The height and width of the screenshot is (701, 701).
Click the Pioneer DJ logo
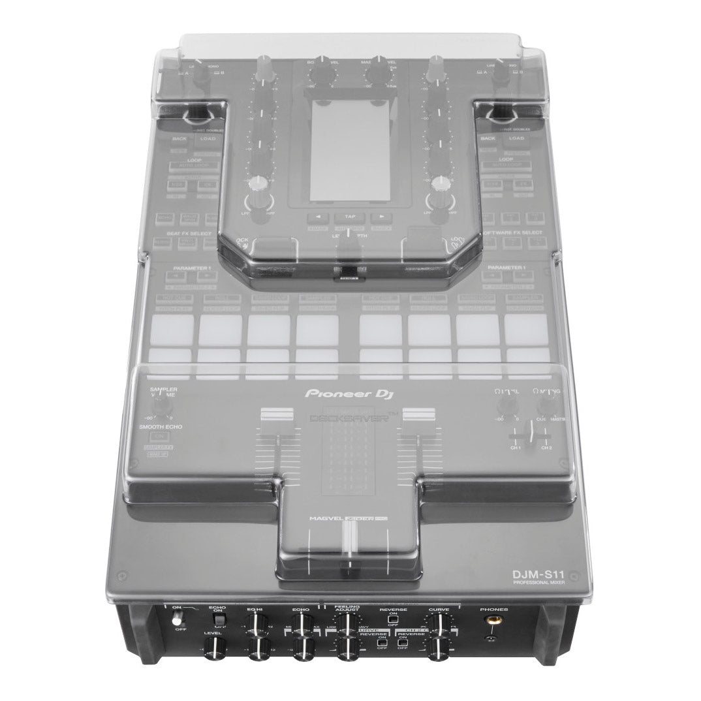[x=350, y=394]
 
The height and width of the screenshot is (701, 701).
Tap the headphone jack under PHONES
[x=490, y=625]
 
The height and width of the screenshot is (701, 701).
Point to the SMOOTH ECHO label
[x=160, y=427]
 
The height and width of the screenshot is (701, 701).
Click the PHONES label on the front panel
[x=493, y=610]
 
